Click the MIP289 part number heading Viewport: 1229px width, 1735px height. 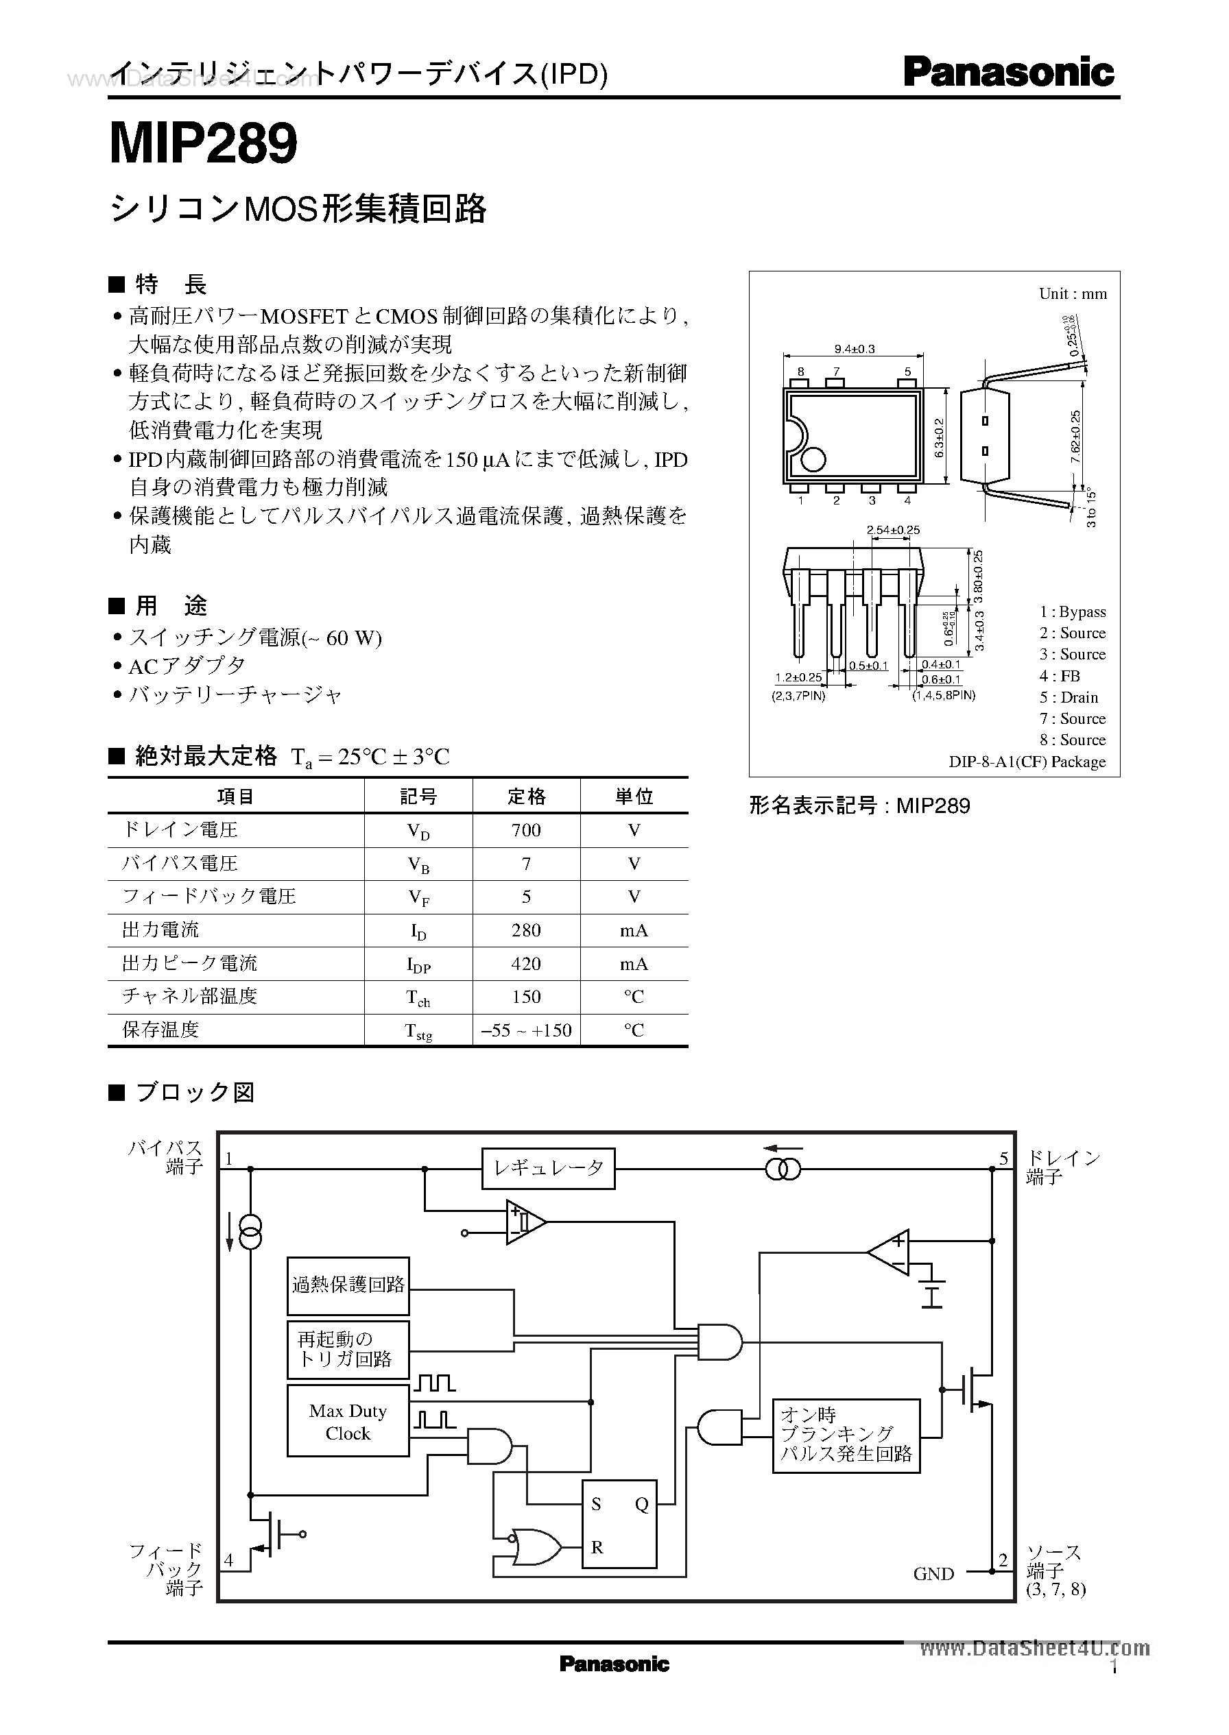click(204, 145)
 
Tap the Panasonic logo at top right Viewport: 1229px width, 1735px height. click(1008, 73)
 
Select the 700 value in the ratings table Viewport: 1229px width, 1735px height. click(526, 830)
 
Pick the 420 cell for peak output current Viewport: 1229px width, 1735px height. click(526, 964)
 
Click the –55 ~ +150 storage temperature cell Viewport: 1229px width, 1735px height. click(526, 1030)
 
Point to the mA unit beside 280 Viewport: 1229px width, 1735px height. click(634, 930)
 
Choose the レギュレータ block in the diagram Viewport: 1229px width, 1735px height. click(549, 1169)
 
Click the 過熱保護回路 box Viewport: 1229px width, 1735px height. click(348, 1286)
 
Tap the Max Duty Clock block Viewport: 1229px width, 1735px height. click(348, 1422)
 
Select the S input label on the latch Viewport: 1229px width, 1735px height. click(597, 1504)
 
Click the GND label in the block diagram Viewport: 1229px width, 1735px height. click(934, 1573)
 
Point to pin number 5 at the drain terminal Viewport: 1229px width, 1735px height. click(1003, 1158)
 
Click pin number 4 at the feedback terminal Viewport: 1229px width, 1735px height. click(228, 1560)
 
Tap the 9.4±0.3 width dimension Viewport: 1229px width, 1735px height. click(855, 349)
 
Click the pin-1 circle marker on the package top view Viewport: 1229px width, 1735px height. click(813, 459)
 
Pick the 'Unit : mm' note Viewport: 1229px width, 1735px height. click(1073, 294)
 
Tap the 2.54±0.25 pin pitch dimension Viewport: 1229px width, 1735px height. click(893, 530)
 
